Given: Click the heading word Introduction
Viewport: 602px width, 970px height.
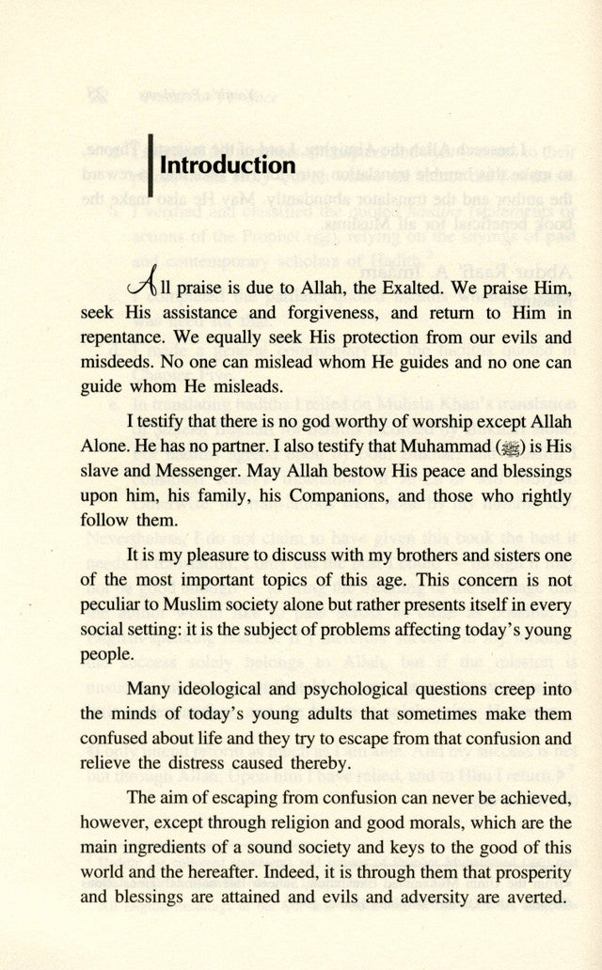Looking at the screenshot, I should coord(228,165).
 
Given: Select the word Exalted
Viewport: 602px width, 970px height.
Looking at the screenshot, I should coord(393,284).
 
